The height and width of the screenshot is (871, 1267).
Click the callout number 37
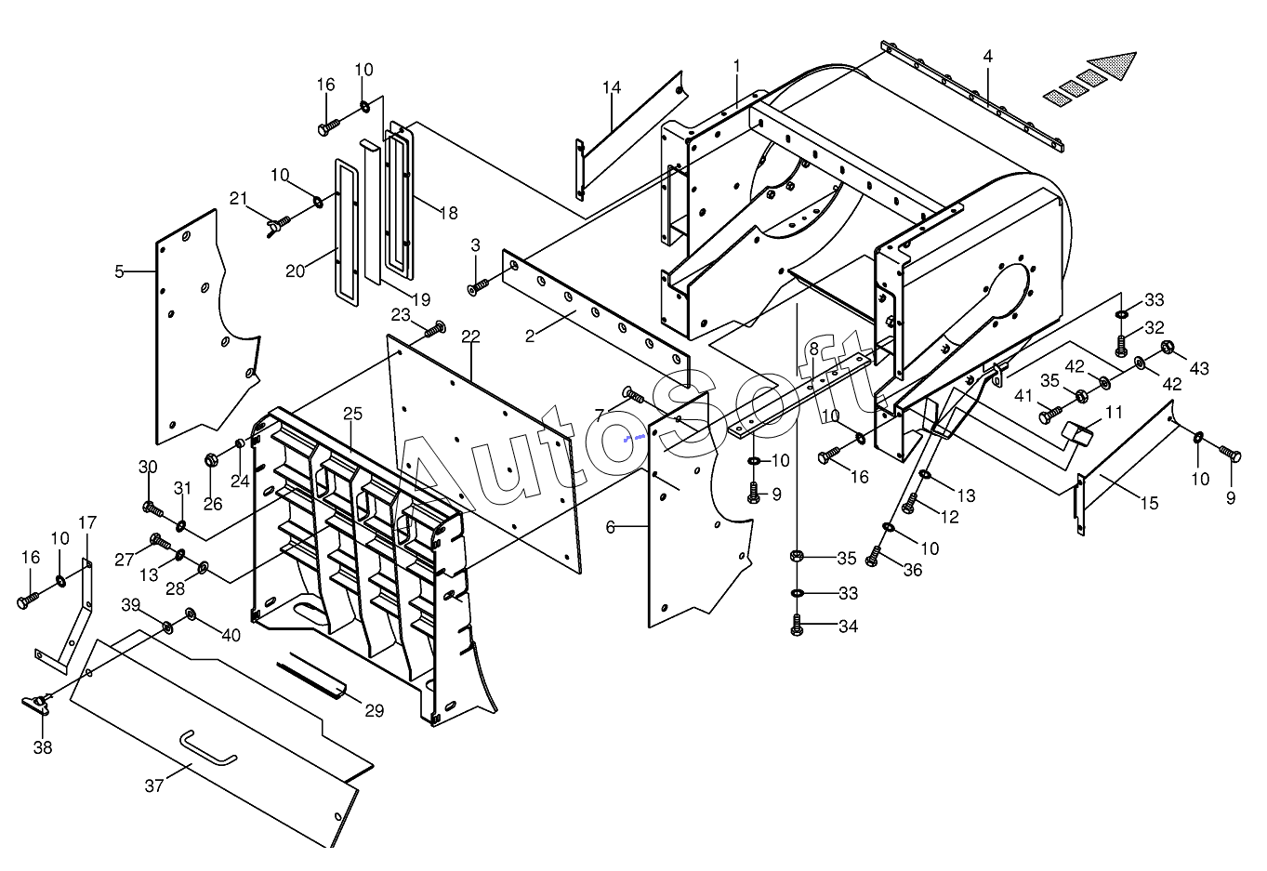click(x=154, y=786)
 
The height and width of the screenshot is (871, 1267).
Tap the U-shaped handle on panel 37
click(x=208, y=748)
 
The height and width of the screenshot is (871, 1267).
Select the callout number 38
click(x=43, y=747)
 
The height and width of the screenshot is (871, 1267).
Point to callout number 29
click(x=374, y=711)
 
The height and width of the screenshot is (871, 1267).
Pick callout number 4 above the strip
click(x=988, y=57)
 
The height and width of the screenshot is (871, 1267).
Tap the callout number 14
click(x=611, y=87)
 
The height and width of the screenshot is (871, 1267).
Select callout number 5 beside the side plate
click(x=119, y=271)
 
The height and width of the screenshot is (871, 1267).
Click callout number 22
click(x=470, y=336)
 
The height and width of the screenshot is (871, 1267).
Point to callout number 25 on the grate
click(x=352, y=414)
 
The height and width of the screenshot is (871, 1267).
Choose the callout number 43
click(x=1199, y=368)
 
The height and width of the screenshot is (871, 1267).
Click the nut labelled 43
click(x=1168, y=349)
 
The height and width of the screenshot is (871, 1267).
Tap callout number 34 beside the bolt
click(x=848, y=627)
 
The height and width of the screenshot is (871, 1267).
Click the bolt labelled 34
click(x=797, y=626)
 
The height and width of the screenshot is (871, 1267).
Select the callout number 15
click(x=1150, y=503)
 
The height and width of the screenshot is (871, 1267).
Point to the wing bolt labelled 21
click(x=274, y=224)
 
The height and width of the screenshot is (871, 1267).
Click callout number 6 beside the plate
click(x=610, y=527)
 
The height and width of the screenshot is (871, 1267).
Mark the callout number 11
click(x=1114, y=412)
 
